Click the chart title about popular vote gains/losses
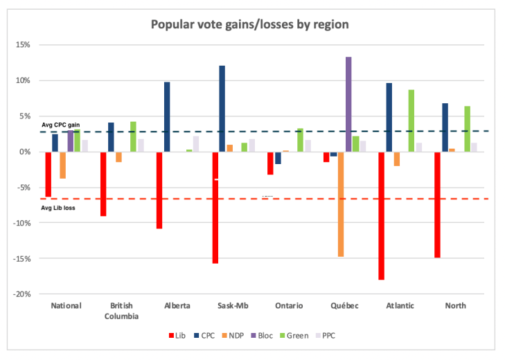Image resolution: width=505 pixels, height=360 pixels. (249, 24)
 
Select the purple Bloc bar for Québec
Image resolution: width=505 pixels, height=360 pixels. (348, 104)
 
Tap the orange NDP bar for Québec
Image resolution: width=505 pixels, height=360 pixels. (341, 204)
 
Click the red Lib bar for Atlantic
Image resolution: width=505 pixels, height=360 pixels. (381, 215)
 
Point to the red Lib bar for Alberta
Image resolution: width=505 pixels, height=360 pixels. (159, 190)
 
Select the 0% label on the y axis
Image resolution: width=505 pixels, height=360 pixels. (25, 152)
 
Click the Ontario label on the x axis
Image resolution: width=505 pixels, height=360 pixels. (288, 306)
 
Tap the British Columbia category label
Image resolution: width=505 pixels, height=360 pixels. (121, 311)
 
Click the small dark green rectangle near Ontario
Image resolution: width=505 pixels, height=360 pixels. (268, 192)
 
